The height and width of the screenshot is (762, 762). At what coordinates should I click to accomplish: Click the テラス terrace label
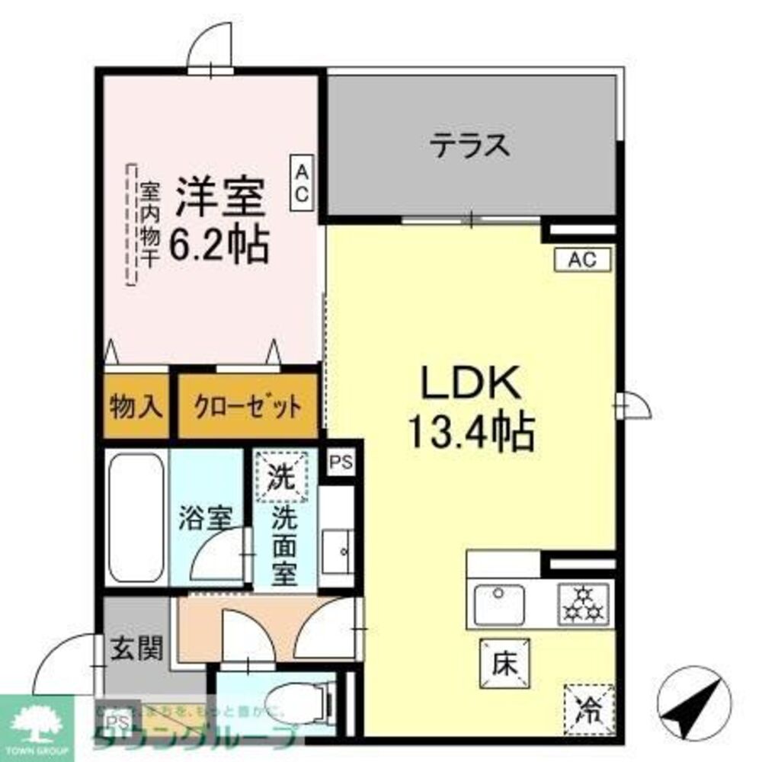coord(469,144)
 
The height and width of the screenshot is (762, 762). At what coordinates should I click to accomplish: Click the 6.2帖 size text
coord(219,245)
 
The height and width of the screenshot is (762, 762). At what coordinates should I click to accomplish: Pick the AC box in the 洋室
coord(302,181)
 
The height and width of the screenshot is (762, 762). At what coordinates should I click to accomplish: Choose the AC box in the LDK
coord(582,260)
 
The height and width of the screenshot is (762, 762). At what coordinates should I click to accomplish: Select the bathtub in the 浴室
coord(136,517)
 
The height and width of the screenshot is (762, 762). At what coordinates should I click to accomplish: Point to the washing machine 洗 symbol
coord(281,476)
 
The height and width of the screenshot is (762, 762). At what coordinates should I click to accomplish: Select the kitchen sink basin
coord(498,603)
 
